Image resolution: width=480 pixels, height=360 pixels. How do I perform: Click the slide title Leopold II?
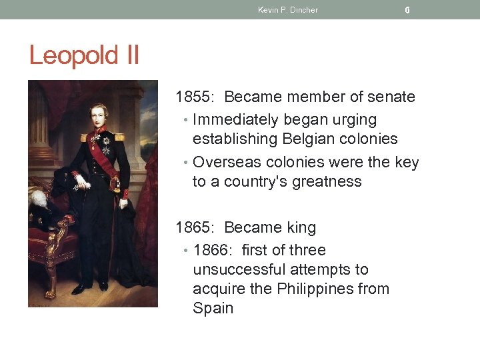click(84, 55)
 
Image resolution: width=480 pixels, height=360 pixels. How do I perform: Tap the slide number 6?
click(407, 10)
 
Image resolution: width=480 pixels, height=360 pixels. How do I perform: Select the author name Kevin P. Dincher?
click(288, 10)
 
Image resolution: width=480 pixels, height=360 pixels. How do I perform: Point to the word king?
click(301, 228)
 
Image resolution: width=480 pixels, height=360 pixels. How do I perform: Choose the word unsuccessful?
click(234, 270)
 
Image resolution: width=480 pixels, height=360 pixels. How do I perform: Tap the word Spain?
click(213, 309)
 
